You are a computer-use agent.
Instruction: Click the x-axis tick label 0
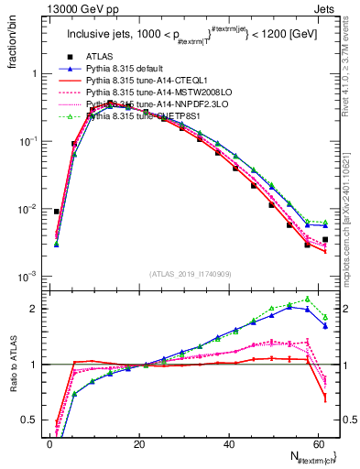tap(49, 445)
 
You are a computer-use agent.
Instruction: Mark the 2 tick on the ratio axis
tap(33, 309)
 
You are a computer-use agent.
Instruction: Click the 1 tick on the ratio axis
tap(33, 365)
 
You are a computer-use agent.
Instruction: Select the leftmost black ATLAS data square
tap(57, 212)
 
